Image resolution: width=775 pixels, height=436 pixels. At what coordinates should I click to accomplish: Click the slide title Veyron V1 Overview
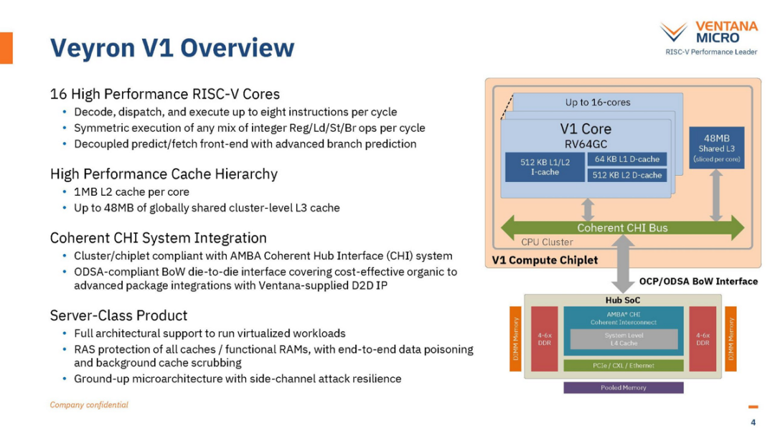172,48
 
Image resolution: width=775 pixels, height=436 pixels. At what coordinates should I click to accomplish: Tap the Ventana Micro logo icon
673,32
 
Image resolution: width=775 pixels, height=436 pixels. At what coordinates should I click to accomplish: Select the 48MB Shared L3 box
716,148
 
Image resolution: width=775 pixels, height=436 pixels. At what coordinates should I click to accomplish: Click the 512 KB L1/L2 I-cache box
545,167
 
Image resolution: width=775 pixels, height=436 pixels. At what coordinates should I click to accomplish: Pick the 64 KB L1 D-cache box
626,159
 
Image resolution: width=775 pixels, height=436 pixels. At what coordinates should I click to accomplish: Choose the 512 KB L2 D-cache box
626,175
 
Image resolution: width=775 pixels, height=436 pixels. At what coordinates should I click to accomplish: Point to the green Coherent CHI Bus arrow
622,227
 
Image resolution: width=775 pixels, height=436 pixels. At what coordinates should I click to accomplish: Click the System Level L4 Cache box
624,339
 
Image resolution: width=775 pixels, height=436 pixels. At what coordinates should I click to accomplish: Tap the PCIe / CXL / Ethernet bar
624,366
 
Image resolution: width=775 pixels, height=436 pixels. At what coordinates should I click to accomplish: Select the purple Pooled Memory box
624,388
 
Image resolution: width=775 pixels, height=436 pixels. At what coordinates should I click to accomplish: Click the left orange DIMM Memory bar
515,338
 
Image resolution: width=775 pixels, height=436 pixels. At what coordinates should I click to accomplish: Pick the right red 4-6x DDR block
703,338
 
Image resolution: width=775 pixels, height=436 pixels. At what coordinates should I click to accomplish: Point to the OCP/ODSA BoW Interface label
698,281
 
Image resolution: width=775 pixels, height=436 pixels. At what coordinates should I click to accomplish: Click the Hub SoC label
623,300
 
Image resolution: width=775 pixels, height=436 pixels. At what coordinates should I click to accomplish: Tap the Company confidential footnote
89,405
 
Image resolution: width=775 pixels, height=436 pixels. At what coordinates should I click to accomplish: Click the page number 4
753,422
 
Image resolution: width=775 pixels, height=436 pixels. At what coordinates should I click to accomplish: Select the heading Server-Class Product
118,316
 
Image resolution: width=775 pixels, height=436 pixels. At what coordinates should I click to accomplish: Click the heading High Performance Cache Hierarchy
164,174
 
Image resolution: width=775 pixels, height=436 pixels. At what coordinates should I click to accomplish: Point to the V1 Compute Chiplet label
545,260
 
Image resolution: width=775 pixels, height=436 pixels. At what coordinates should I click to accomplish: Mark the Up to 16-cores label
598,103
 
